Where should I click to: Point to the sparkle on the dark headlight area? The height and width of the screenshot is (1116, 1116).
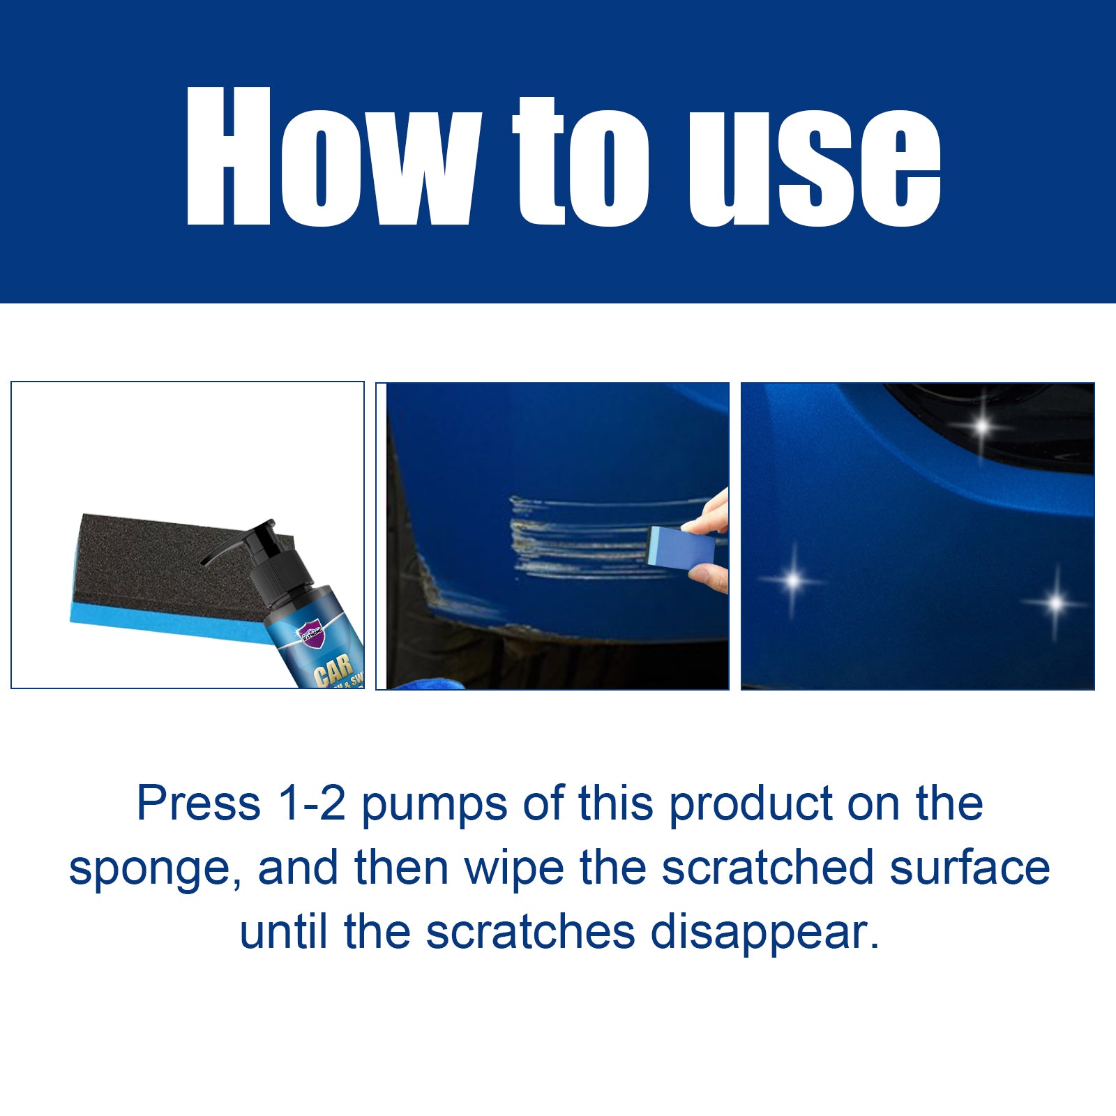point(982,425)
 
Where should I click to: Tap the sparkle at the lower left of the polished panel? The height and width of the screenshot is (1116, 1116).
point(794,580)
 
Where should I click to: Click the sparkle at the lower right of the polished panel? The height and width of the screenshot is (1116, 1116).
point(1056,602)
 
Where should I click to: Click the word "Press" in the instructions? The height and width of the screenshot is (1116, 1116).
point(198,804)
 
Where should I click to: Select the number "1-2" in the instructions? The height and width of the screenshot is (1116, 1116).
point(311,804)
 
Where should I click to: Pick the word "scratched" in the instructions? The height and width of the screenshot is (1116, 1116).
point(767,868)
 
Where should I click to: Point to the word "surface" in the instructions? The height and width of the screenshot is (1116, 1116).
point(970,868)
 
